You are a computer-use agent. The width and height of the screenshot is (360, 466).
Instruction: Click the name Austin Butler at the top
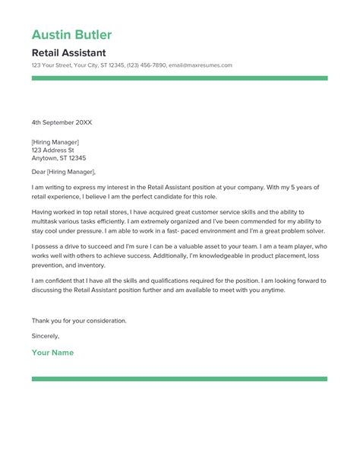(71, 35)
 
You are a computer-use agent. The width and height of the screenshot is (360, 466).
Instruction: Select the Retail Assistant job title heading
(68, 53)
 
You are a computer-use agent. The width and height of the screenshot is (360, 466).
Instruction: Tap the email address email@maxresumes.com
(200, 65)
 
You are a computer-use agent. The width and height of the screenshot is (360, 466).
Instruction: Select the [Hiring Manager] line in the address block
(55, 141)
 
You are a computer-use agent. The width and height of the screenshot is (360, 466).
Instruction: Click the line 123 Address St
(53, 150)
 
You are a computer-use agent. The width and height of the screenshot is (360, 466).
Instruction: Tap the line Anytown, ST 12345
(58, 158)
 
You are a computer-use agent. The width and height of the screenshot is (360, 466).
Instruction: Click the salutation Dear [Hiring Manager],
(64, 173)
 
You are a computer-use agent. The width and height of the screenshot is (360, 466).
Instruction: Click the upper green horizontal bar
(179, 78)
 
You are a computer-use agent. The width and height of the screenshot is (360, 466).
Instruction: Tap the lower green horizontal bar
(179, 379)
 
